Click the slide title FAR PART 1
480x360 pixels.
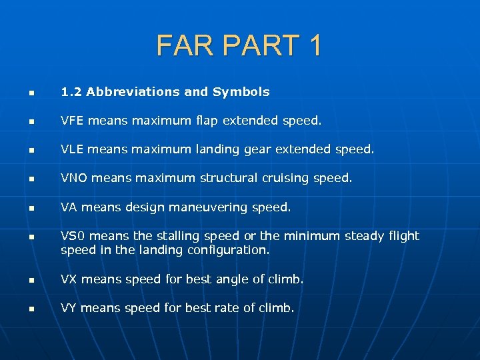[x=239, y=45]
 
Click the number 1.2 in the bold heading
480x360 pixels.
[x=71, y=92]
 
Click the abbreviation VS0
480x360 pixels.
[x=72, y=236]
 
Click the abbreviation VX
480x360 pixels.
[x=69, y=279]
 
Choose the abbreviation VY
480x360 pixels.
[x=69, y=308]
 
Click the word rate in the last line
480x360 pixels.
[x=228, y=308]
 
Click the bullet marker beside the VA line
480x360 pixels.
[x=30, y=209]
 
